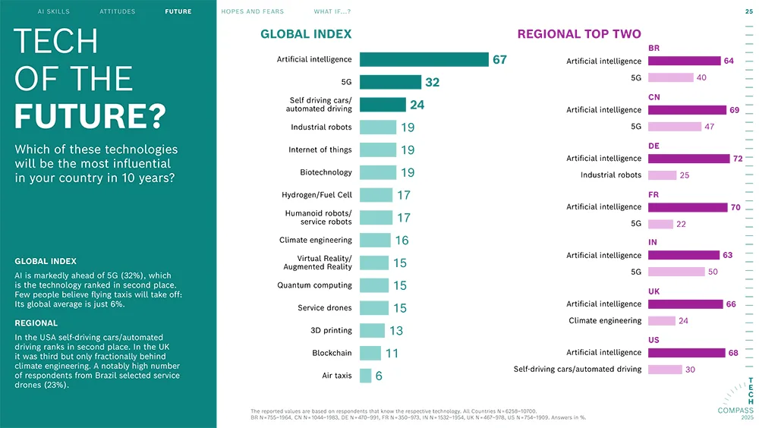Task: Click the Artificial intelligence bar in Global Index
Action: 424,59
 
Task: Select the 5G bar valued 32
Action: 390,82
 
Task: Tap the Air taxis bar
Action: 365,376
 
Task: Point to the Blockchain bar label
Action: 332,353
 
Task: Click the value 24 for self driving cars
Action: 417,105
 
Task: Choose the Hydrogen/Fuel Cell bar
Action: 376,195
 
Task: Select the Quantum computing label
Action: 314,285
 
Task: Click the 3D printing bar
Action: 372,330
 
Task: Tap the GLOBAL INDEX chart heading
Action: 306,34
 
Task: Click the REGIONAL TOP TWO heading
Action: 579,34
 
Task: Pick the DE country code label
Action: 653,145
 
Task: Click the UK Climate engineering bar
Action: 662,321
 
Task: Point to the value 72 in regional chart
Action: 738,159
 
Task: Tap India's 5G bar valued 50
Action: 676,272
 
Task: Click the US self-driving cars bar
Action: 665,370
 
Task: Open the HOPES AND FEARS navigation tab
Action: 252,12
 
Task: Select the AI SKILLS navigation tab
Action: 53,12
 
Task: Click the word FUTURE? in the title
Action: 90,117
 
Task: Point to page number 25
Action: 749,12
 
